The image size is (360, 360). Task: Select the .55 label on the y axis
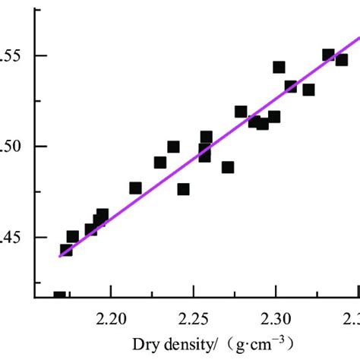(x=16, y=56)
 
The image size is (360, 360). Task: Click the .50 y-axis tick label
(x=16, y=147)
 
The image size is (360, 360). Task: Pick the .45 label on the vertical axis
(x=16, y=237)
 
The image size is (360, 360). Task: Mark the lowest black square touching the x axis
(x=59, y=296)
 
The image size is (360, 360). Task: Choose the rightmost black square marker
(x=341, y=60)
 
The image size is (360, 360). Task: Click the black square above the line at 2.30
(x=279, y=68)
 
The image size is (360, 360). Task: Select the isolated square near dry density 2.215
(x=135, y=188)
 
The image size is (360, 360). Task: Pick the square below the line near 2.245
(x=183, y=189)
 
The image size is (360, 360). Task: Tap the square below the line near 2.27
(x=228, y=167)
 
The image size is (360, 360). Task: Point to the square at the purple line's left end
(x=66, y=250)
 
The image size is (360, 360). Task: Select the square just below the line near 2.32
(x=308, y=90)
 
